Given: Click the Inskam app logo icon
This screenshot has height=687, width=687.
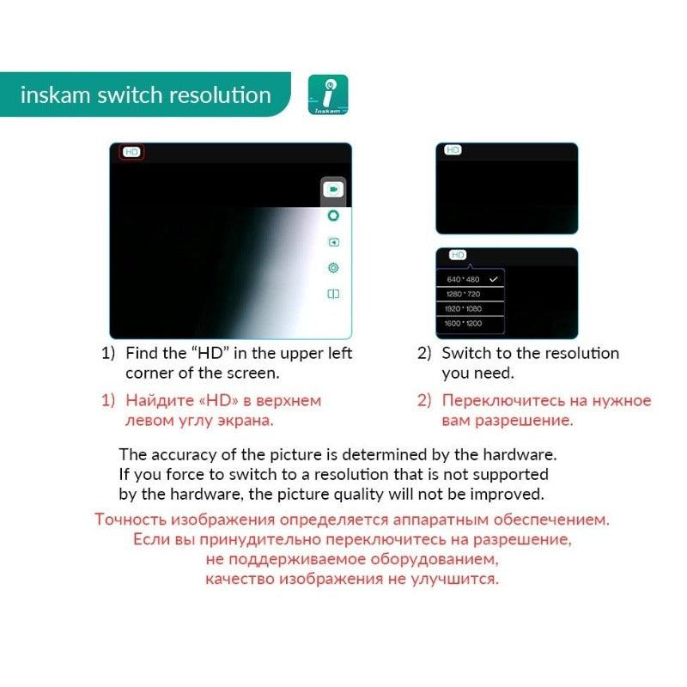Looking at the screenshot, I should (x=327, y=95).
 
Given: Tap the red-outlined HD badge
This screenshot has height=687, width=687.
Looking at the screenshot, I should (x=131, y=152).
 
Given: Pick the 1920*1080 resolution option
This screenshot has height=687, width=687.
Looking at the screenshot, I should (x=464, y=308).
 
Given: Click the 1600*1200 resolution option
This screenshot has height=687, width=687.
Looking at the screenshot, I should (x=464, y=323).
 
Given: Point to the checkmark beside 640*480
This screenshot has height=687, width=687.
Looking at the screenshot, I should (x=493, y=280).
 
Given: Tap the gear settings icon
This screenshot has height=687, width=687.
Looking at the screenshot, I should (x=333, y=268).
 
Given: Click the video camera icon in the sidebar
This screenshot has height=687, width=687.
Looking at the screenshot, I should (x=333, y=189).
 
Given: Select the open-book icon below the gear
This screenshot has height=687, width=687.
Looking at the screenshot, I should (x=333, y=294).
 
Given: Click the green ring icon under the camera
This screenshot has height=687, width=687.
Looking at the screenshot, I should (x=333, y=216).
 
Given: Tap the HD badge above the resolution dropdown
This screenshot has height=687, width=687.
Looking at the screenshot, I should (x=458, y=255).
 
